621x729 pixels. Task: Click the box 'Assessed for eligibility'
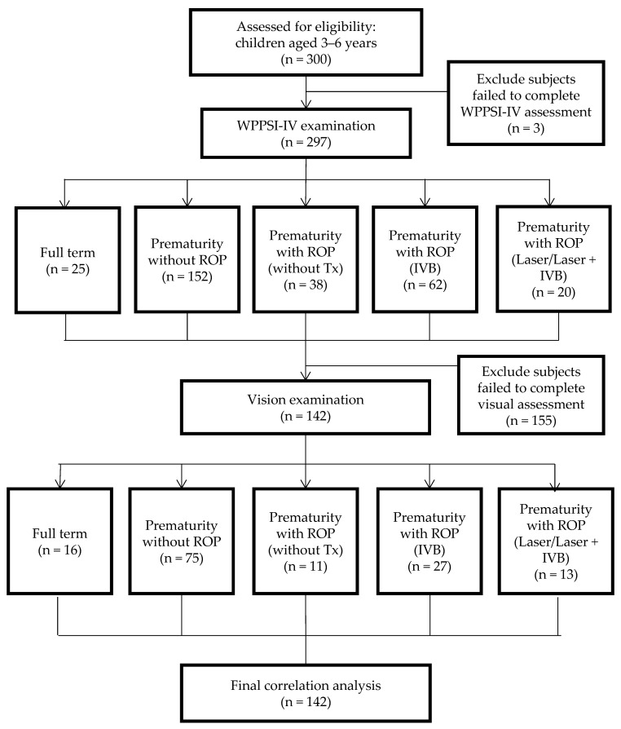[306, 42]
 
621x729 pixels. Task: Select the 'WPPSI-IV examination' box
[306, 134]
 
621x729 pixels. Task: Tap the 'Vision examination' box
[306, 407]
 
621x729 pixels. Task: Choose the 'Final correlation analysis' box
[306, 693]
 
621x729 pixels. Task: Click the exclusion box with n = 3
[526, 104]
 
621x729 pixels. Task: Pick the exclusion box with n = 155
[531, 395]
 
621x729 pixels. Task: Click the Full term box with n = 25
[68, 260]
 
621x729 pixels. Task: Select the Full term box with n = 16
[60, 541]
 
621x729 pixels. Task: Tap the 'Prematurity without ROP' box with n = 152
[187, 259]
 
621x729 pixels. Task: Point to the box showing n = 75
[181, 541]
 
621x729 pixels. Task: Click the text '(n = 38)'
[306, 285]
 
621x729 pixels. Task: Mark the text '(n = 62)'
[425, 285]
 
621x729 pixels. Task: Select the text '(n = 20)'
[553, 293]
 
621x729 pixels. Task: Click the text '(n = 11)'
[306, 566]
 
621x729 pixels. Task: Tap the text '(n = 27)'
[429, 566]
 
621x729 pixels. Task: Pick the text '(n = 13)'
[556, 575]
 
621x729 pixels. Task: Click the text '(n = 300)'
[306, 60]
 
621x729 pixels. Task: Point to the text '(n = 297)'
[306, 142]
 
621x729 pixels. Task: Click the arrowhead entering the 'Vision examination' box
[306, 375]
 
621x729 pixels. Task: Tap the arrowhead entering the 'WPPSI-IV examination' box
[306, 104]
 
